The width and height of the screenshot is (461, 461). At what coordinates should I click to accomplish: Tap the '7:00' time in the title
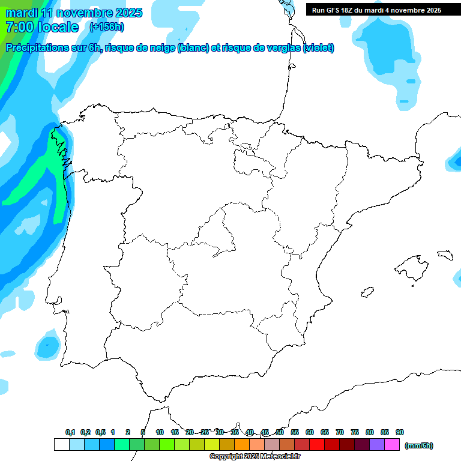[x=19, y=27]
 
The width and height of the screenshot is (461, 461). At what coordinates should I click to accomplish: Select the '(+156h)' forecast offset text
[x=106, y=26]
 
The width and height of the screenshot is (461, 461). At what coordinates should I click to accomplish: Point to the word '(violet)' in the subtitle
[x=319, y=48]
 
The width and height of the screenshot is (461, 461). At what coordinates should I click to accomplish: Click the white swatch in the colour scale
[x=61, y=445]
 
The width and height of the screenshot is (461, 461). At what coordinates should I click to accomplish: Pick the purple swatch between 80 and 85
[x=377, y=445]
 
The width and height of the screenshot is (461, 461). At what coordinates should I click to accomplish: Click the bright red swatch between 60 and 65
[x=317, y=445]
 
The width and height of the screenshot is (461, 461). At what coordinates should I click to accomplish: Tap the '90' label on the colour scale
[x=400, y=432]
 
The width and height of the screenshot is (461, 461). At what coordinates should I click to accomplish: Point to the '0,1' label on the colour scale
[x=70, y=432]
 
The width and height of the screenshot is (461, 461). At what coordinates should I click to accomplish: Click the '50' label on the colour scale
[x=280, y=432]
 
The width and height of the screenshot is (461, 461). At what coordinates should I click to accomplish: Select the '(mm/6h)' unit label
[x=419, y=445]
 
